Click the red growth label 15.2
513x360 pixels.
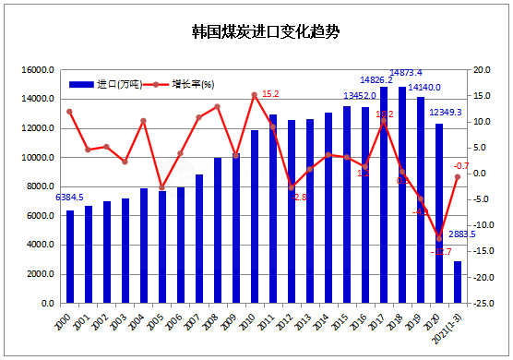coord(270,94)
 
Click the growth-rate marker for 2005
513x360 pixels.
coord(162,188)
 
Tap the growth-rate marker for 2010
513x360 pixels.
coord(255,95)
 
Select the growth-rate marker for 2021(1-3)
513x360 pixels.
coord(458,177)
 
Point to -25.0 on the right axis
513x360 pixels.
coord(482,304)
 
